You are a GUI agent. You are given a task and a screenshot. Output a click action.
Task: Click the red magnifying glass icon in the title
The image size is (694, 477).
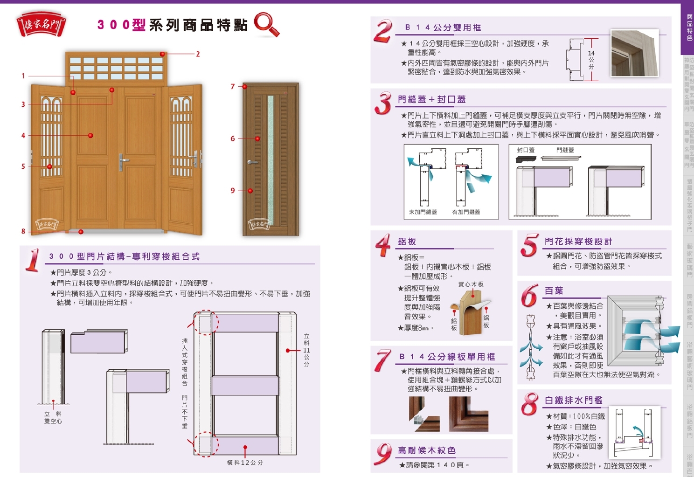(x=266, y=24)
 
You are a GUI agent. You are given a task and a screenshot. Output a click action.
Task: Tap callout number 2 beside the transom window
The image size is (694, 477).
(x=198, y=54)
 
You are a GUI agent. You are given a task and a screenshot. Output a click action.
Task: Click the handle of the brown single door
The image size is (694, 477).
(x=252, y=162)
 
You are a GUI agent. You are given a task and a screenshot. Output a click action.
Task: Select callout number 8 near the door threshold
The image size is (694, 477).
(x=23, y=231)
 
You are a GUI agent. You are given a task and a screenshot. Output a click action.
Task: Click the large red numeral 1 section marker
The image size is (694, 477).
(x=33, y=260)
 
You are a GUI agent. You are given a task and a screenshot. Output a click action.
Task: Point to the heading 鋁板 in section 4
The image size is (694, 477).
(x=407, y=242)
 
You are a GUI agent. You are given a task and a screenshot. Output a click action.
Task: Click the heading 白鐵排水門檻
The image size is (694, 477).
(x=573, y=400)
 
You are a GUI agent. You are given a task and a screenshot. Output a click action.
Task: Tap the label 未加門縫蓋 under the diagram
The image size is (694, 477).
(x=423, y=212)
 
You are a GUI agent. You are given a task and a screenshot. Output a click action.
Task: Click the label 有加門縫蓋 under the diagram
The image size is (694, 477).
(x=466, y=212)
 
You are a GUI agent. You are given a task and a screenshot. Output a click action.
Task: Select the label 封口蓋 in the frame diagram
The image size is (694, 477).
(x=526, y=150)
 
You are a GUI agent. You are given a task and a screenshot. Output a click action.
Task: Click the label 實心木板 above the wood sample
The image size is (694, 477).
(x=471, y=284)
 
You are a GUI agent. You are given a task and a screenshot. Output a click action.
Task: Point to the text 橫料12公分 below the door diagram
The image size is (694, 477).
(x=245, y=463)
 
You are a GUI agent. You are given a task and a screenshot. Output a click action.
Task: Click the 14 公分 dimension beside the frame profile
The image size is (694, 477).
(x=591, y=60)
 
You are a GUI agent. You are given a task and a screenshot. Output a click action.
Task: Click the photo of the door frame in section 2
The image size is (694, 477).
(x=634, y=53)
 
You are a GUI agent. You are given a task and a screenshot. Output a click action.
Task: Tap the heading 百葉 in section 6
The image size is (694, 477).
(x=554, y=290)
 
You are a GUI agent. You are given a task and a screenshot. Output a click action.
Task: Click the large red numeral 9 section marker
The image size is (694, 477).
(x=383, y=453)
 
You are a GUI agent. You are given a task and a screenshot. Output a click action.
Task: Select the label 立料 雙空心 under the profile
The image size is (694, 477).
(x=53, y=417)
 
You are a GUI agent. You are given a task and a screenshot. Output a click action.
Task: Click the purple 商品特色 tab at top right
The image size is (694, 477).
(x=689, y=28)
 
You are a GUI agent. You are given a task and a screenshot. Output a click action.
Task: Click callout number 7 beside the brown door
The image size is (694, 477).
(x=233, y=86)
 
